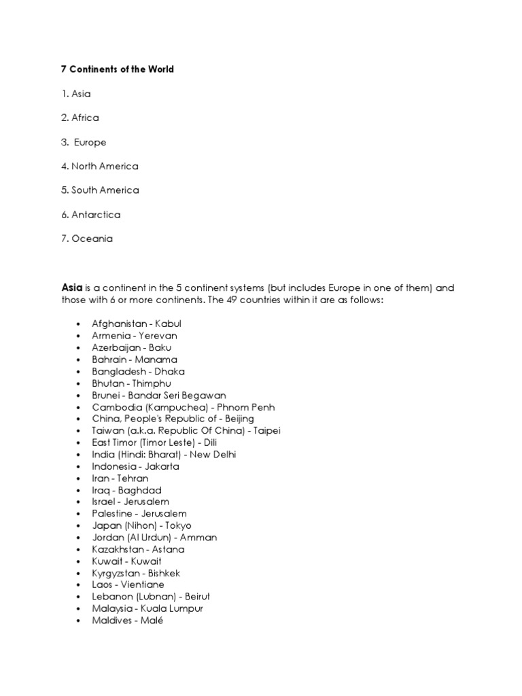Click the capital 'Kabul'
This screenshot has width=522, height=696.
click(x=168, y=324)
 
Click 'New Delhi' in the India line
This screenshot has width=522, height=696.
click(x=214, y=455)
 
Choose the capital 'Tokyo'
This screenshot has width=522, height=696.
click(x=177, y=525)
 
